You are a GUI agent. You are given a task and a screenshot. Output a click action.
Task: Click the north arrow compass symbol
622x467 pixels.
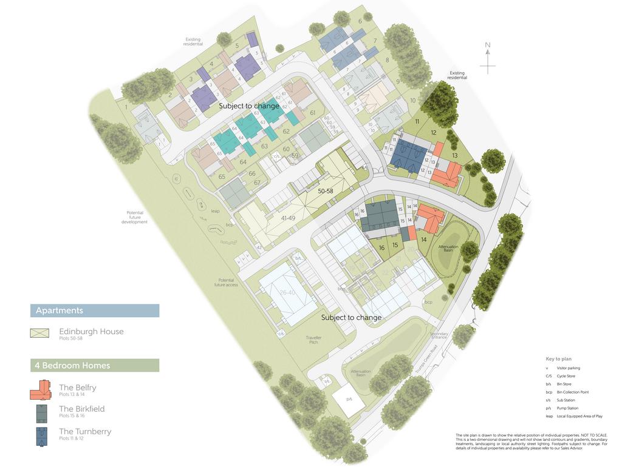(488, 58)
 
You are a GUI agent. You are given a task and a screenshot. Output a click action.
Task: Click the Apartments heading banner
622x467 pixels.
(95, 311)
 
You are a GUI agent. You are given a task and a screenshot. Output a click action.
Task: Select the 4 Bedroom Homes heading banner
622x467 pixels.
(95, 365)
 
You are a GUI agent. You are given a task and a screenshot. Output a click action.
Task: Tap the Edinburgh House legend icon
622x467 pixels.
(40, 333)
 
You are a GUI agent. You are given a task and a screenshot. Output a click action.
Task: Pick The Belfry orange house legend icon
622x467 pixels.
(41, 390)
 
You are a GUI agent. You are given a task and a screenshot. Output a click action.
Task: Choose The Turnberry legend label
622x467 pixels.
(85, 432)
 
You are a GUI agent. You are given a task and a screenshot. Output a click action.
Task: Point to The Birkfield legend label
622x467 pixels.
(82, 409)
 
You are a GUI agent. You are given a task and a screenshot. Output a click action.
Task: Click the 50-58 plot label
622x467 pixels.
(326, 191)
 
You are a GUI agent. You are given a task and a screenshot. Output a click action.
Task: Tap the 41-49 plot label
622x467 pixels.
(288, 218)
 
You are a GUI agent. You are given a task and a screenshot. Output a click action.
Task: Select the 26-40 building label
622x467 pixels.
(287, 292)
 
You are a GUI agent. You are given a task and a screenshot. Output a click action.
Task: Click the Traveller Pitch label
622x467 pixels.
(313, 340)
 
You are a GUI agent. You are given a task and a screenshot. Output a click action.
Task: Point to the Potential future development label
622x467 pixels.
(134, 217)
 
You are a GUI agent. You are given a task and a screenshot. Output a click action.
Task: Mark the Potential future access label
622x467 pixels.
(226, 283)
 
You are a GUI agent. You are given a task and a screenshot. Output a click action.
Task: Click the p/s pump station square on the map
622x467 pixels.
(349, 400)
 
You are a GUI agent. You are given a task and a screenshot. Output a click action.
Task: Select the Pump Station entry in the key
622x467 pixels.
(569, 408)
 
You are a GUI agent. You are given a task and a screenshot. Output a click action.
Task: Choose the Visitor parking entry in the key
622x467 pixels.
(569, 368)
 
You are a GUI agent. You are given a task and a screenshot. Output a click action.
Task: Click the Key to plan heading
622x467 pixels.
(558, 359)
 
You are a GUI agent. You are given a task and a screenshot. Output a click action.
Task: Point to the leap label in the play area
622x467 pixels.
(215, 211)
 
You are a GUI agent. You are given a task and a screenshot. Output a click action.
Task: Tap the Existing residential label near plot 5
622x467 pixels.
(193, 42)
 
